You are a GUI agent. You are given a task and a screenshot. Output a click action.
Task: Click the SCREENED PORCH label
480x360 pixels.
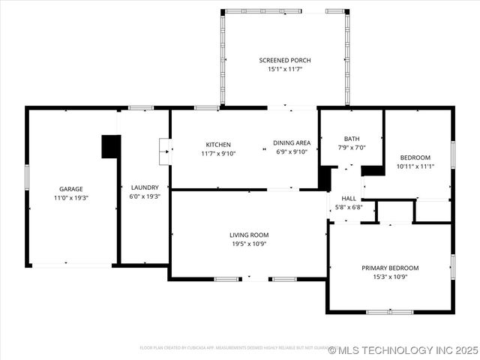[285, 60]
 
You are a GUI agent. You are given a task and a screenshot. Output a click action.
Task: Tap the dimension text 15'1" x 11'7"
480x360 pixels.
[285, 69]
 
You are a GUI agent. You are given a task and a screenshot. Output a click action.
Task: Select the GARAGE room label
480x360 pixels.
[71, 189]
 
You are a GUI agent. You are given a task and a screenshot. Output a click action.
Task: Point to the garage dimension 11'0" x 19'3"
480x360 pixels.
[71, 197]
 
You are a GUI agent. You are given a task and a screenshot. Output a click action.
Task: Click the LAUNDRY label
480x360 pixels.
[145, 187]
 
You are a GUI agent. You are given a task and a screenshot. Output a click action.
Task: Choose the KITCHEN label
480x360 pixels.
[218, 145]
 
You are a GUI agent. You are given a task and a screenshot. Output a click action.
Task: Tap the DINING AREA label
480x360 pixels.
[292, 143]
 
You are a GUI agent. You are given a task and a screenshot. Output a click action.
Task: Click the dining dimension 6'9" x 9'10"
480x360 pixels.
[292, 153]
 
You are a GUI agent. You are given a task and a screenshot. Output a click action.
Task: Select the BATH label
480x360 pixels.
[352, 139]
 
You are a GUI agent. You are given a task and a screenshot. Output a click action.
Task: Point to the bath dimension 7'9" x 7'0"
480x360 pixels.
[352, 148]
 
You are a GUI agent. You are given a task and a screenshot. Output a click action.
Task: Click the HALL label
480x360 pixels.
[349, 199]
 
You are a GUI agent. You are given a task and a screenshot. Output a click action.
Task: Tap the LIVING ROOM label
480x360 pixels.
[249, 235]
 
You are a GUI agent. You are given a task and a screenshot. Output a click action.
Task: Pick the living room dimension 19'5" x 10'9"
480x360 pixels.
[249, 244]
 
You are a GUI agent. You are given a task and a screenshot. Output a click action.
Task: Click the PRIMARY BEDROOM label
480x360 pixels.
[390, 268]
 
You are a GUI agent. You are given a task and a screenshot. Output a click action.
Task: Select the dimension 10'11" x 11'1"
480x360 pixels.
[415, 166]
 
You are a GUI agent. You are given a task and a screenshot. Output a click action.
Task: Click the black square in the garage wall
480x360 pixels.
[111, 146]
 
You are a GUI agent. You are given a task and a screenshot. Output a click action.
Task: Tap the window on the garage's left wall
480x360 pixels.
[27, 177]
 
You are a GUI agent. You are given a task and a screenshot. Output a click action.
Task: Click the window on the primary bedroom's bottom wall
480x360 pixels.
[390, 311]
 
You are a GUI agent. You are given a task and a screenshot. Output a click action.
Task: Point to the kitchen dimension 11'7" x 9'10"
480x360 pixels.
[218, 154]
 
